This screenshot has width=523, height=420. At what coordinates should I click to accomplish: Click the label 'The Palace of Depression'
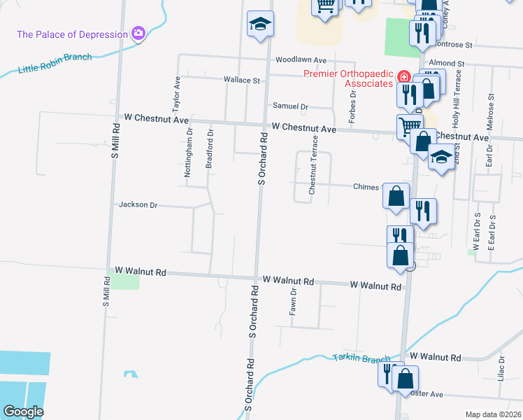click(x=72, y=34)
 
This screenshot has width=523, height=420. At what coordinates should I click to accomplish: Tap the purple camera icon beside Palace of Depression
click(x=138, y=33)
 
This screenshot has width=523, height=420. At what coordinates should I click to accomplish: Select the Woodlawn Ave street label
click(x=301, y=60)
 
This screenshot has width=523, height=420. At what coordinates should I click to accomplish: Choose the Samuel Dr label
click(x=290, y=106)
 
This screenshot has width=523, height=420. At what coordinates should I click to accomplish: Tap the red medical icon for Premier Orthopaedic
click(x=403, y=76)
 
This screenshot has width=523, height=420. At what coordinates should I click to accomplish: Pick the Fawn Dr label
click(x=294, y=302)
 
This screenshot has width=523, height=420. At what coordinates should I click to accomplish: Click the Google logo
click(x=24, y=412)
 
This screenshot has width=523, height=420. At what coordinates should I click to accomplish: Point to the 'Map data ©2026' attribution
click(x=493, y=414)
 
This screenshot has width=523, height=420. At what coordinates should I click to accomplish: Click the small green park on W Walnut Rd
click(x=124, y=281)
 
